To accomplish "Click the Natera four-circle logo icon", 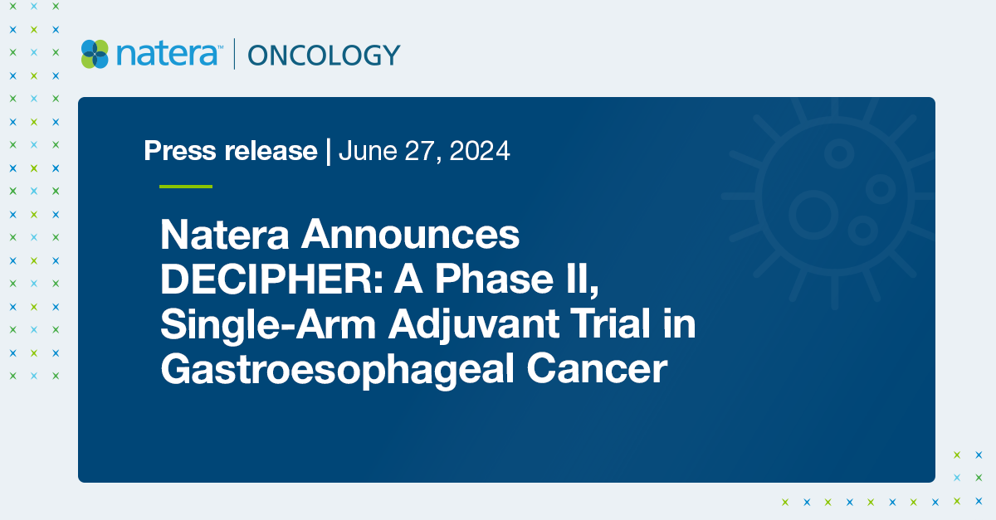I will [x=95, y=54].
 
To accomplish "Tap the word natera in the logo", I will [x=168, y=54].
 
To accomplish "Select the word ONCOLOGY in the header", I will [x=324, y=55].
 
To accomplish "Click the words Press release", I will [x=230, y=151].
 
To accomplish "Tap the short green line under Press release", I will [x=186, y=187].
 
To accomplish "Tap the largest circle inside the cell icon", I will [x=812, y=213].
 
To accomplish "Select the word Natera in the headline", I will [x=224, y=236].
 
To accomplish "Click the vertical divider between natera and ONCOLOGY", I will [x=235, y=54].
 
